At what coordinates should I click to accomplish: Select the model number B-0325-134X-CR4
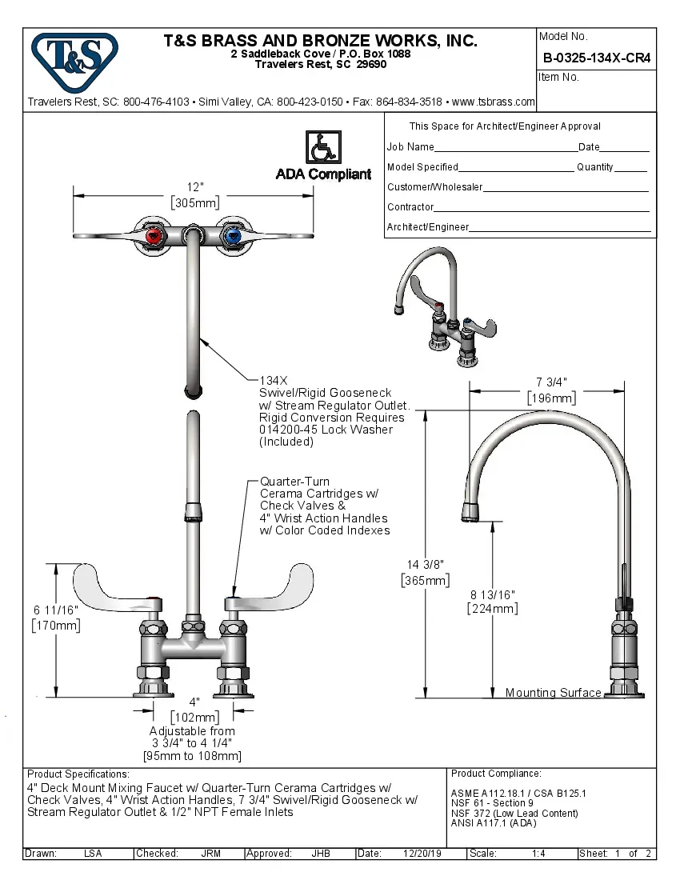pos(596,58)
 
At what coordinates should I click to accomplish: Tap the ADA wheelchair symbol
pos(323,148)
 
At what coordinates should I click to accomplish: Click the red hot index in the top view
pos(154,237)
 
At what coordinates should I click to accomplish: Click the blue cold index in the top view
pos(233,237)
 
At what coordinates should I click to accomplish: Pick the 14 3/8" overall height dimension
pos(424,565)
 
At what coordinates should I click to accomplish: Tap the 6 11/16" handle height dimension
pos(55,610)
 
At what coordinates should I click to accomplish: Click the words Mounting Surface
pos(553,693)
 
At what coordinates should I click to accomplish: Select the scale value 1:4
pos(538,854)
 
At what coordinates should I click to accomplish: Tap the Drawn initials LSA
pos(93,854)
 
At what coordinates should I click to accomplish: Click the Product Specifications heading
pos(78,774)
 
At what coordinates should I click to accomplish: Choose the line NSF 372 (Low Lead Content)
pos(514,814)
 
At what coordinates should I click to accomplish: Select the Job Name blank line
pos(506,148)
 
